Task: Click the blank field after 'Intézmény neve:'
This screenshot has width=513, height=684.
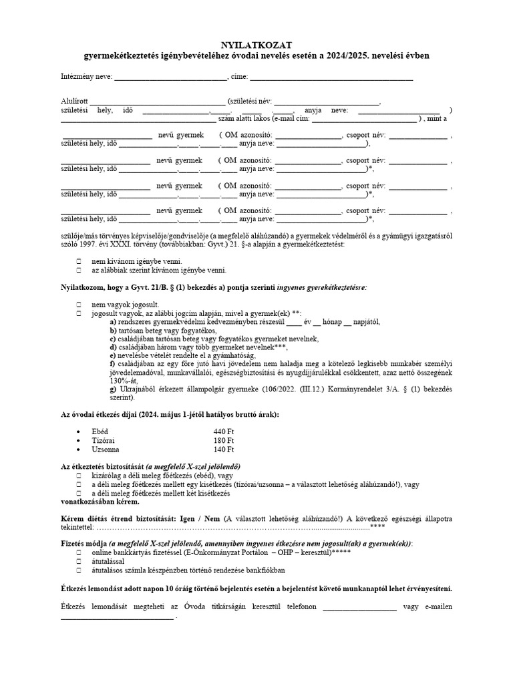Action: click(170, 77)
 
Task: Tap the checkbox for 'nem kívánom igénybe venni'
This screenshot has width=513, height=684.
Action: click(79, 262)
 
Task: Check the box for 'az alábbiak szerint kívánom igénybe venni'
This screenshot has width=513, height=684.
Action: click(79, 271)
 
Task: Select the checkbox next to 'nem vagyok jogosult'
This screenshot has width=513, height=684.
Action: click(79, 304)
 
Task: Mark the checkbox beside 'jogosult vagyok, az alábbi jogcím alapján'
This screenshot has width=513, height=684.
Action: click(79, 313)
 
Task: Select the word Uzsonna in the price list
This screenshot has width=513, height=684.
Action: click(106, 450)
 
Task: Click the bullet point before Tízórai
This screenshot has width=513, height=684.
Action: click(79, 441)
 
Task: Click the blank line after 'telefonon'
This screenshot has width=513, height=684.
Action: click(359, 607)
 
